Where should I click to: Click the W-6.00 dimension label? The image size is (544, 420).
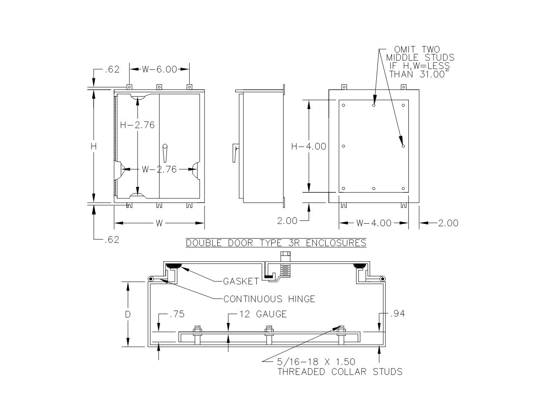pos(159,69)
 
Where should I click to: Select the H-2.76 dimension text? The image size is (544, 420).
pos(137,125)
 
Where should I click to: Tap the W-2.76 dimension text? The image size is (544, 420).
pos(159,169)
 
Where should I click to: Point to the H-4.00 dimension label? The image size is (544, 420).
pos(309,146)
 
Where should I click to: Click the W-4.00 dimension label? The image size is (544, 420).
pos(374,223)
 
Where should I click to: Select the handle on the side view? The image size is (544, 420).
pos(236,152)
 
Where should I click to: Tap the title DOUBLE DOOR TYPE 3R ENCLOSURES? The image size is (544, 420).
pos(276,243)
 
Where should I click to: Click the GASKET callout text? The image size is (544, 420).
pos(241,282)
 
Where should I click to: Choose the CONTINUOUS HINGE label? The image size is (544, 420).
pos(269,299)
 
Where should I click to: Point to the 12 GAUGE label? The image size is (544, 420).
pos(263,314)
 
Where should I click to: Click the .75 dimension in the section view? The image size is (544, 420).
pos(177,314)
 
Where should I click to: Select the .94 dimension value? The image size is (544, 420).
pos(397,314)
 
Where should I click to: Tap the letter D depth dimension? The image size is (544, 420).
pos(128,315)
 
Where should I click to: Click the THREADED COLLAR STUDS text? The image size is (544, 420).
pos(340,372)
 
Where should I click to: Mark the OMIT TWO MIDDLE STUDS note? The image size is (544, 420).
pos(420,62)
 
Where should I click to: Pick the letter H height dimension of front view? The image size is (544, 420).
pos(94,146)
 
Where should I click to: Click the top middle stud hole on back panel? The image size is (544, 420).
pos(374,105)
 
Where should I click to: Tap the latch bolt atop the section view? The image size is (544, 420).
pos(285,256)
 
